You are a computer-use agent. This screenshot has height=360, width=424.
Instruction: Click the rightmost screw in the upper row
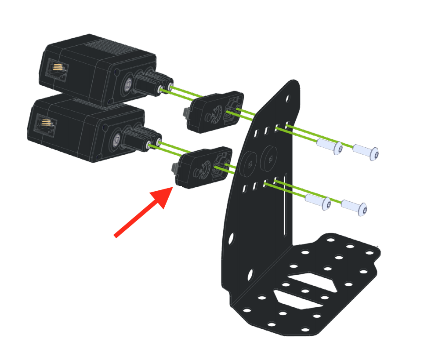pyautogui.click(x=366, y=153)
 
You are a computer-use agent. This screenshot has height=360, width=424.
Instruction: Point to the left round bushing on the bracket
pyautogui.click(x=250, y=164)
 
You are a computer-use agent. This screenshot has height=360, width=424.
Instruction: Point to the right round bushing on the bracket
pyautogui.click(x=269, y=158)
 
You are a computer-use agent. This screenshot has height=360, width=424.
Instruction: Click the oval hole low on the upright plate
pyautogui.click(x=250, y=275)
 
